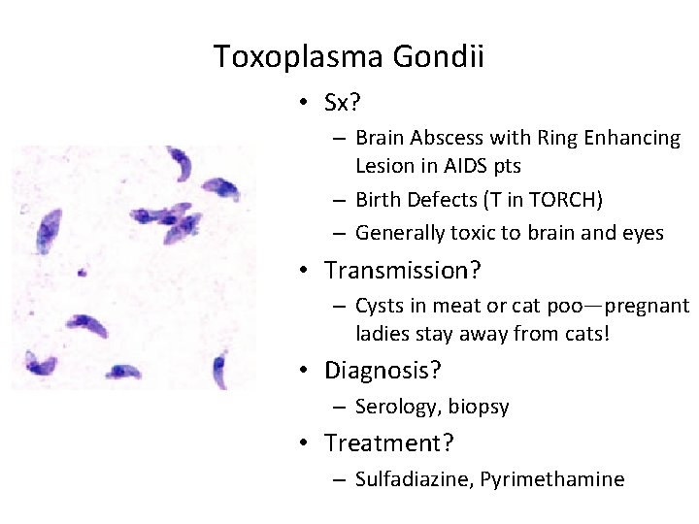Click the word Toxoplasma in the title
[x=298, y=57]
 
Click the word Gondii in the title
[x=439, y=57]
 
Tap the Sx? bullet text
[x=345, y=103]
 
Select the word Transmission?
[x=403, y=270]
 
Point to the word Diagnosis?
[x=383, y=370]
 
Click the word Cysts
[x=380, y=306]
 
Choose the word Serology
[x=392, y=408]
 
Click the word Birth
[x=378, y=201]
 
